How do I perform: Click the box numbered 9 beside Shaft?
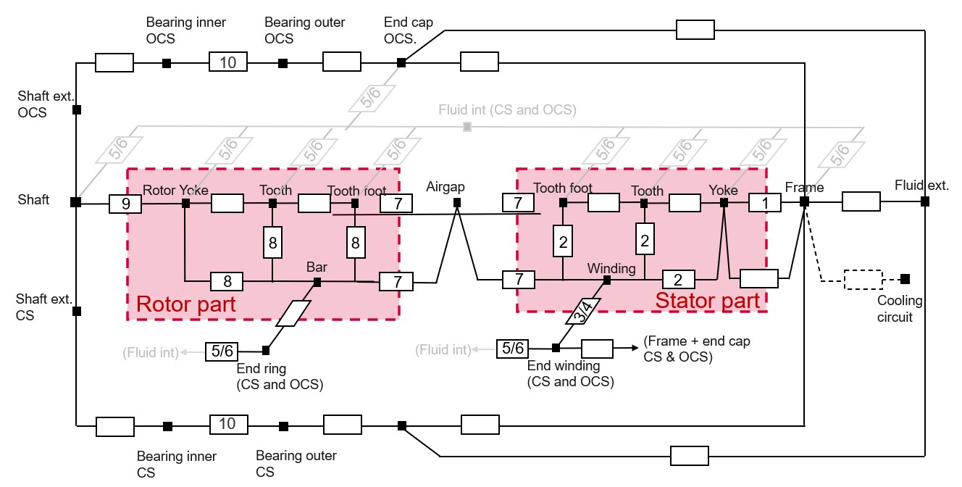pos(126,204)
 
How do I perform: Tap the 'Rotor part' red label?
pos(186,304)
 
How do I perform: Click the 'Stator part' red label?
pos(707,300)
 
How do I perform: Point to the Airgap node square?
pos(457,203)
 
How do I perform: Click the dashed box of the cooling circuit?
pos(863,279)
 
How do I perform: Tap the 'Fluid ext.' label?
pos(921,185)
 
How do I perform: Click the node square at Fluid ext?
pos(925,201)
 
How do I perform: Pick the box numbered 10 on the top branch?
pos(228,62)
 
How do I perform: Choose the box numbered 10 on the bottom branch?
pos(228,424)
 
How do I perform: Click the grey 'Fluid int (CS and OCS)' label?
pos(507,110)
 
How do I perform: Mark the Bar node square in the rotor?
pos(317,280)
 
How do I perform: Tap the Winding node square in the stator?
pos(607,280)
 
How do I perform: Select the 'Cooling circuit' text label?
pos(900,308)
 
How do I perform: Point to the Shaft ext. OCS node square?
pos(76,110)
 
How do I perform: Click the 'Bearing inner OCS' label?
pos(186,30)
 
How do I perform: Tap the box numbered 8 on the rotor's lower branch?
pos(227,280)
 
